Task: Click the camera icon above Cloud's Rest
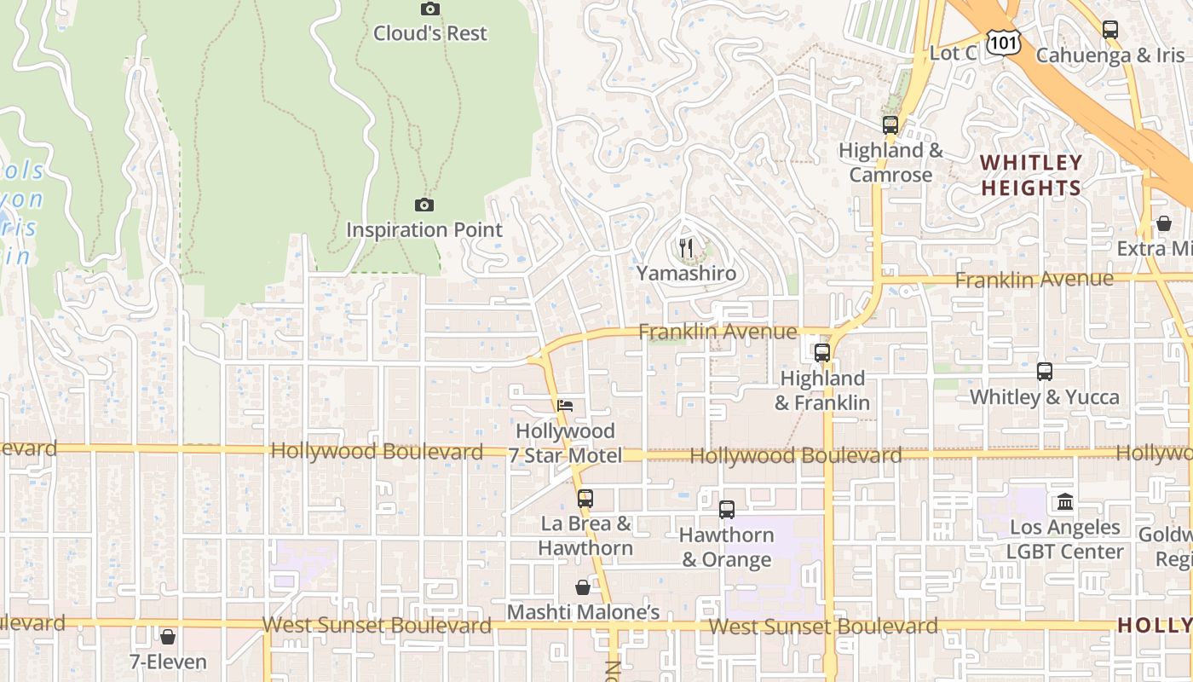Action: pyautogui.click(x=430, y=9)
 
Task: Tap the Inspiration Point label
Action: pyautogui.click(x=424, y=230)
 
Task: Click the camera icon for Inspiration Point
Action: pyautogui.click(x=424, y=205)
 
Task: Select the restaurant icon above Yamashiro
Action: pyautogui.click(x=686, y=248)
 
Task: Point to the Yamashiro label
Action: pyautogui.click(x=686, y=274)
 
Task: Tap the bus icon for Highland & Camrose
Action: pyautogui.click(x=890, y=125)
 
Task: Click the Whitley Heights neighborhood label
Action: pyautogui.click(x=1031, y=175)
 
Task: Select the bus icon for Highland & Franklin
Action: pyautogui.click(x=822, y=352)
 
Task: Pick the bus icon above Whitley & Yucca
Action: pyautogui.click(x=1045, y=372)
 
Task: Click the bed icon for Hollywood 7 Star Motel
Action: pyautogui.click(x=565, y=406)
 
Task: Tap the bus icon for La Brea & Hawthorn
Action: pyautogui.click(x=585, y=499)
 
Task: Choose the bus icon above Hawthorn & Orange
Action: pyautogui.click(x=727, y=510)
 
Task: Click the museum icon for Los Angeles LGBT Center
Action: pyautogui.click(x=1065, y=501)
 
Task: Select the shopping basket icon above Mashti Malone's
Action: pyautogui.click(x=583, y=587)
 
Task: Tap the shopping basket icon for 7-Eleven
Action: pyautogui.click(x=168, y=637)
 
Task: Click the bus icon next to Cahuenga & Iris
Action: pyautogui.click(x=1109, y=30)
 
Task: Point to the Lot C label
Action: pyautogui.click(x=953, y=53)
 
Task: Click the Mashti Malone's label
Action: pyautogui.click(x=584, y=612)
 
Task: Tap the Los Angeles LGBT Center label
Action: pyautogui.click(x=1065, y=540)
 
